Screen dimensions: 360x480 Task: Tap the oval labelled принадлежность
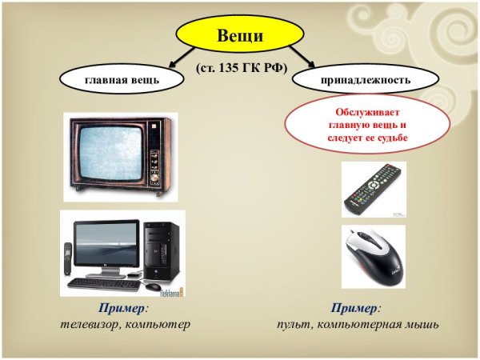click(365, 80)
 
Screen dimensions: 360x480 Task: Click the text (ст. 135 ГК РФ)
click(241, 69)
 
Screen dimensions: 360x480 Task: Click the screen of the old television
click(107, 154)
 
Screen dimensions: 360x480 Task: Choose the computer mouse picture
click(372, 255)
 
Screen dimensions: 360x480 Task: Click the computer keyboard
click(101, 283)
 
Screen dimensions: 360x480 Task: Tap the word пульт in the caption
click(295, 326)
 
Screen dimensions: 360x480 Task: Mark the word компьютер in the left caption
click(160, 326)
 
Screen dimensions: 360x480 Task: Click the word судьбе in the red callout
click(390, 138)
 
